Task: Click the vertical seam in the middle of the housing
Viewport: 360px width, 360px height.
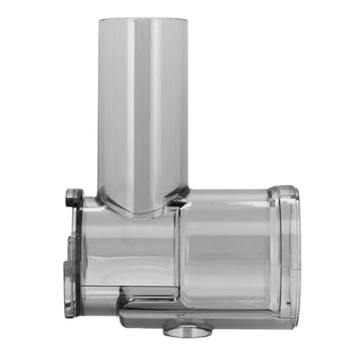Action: tap(179, 252)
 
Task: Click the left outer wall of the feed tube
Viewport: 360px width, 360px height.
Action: tap(101, 108)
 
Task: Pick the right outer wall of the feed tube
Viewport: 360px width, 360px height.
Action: tap(186, 108)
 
